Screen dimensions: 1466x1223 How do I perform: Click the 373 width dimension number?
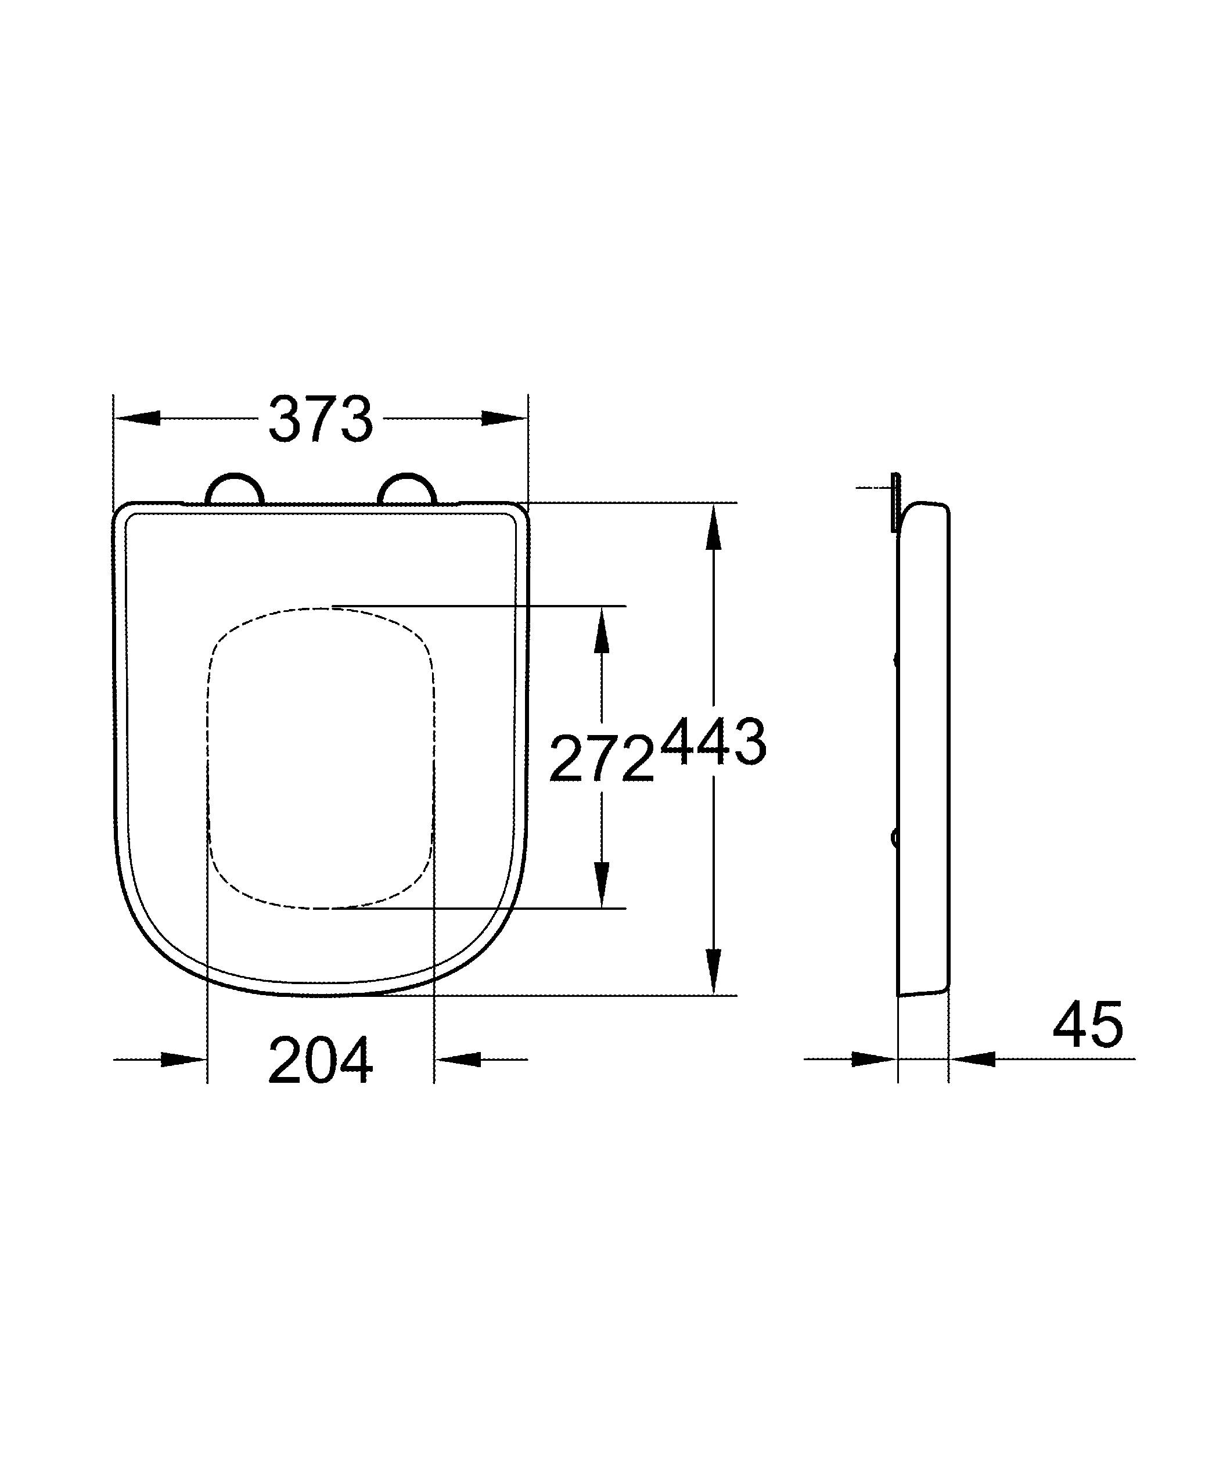pos(321,420)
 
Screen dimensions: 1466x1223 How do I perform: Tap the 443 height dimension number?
pos(713,742)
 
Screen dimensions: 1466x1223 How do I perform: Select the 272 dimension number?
pos(602,760)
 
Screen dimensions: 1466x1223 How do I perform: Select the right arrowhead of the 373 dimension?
pos(504,418)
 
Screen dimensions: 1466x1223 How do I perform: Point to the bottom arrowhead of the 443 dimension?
pos(713,970)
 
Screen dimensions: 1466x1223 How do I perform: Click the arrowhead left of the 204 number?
pos(184,1059)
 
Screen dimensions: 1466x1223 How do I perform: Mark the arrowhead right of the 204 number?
pos(459,1059)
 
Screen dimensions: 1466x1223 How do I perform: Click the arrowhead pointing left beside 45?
pos(972,1059)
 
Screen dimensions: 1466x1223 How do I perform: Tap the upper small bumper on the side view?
pos(896,658)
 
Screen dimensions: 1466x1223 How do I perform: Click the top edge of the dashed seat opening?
pos(321,608)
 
